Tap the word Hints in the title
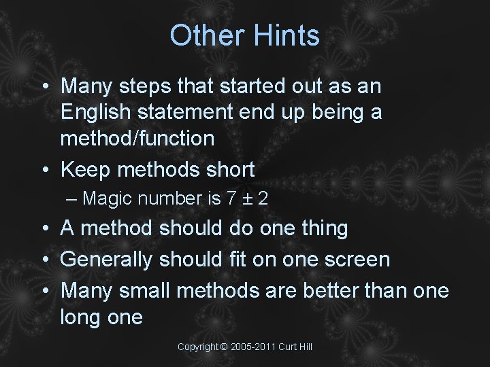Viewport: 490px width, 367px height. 286,35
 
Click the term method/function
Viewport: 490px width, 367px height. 137,139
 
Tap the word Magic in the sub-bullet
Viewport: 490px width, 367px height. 110,199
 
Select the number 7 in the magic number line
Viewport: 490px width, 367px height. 231,199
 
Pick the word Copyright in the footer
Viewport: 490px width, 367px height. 198,347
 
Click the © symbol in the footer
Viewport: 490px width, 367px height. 225,347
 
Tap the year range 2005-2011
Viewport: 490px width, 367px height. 254,347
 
